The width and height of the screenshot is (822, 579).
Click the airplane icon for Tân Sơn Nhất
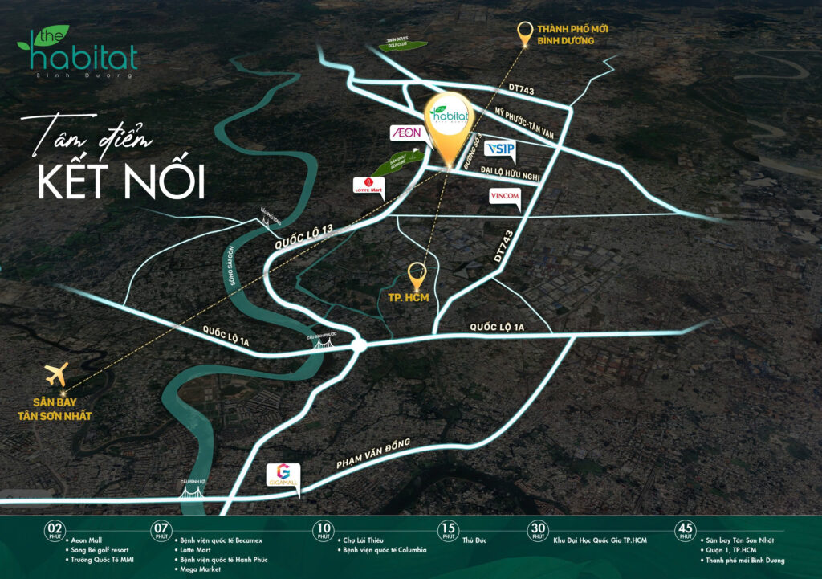(x=57, y=373)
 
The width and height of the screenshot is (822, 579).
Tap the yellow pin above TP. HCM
(x=417, y=275)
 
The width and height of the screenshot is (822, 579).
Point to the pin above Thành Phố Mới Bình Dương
(x=526, y=34)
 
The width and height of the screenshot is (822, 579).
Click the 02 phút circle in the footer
(x=55, y=531)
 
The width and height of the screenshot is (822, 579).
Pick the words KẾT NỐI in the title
(x=120, y=182)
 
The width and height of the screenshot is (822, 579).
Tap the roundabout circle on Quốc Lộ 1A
(x=358, y=346)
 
